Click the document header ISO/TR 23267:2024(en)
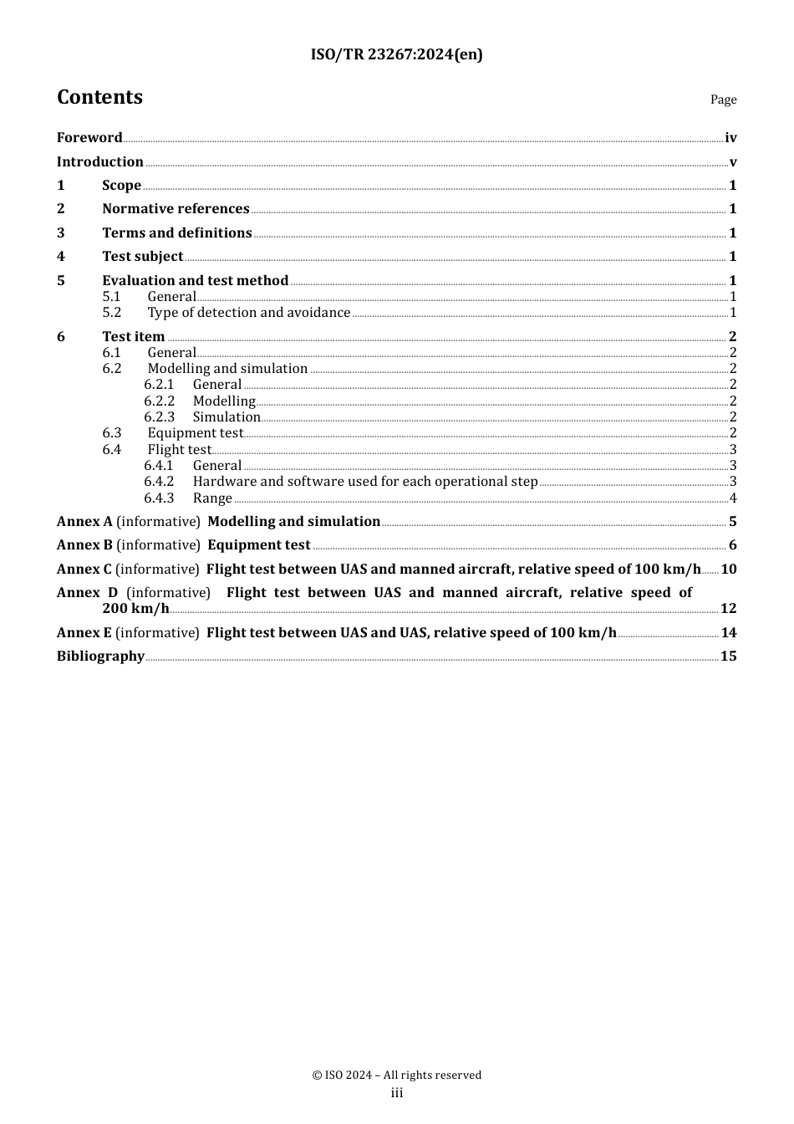point(396,55)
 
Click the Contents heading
point(99,97)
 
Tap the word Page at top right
point(723,100)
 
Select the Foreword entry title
point(89,138)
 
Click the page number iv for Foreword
point(730,138)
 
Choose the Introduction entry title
point(100,162)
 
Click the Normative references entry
point(176,209)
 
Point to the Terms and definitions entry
point(177,233)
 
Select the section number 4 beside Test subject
point(61,257)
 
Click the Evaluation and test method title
point(196,281)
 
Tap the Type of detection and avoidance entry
point(249,313)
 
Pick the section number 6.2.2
point(159,401)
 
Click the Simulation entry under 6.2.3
point(226,417)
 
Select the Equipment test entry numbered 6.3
point(196,433)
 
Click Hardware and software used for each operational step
point(365,482)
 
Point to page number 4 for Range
point(733,498)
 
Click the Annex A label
point(84,522)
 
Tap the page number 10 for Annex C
point(729,570)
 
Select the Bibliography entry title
point(100,657)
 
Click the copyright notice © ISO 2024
point(396,1075)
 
